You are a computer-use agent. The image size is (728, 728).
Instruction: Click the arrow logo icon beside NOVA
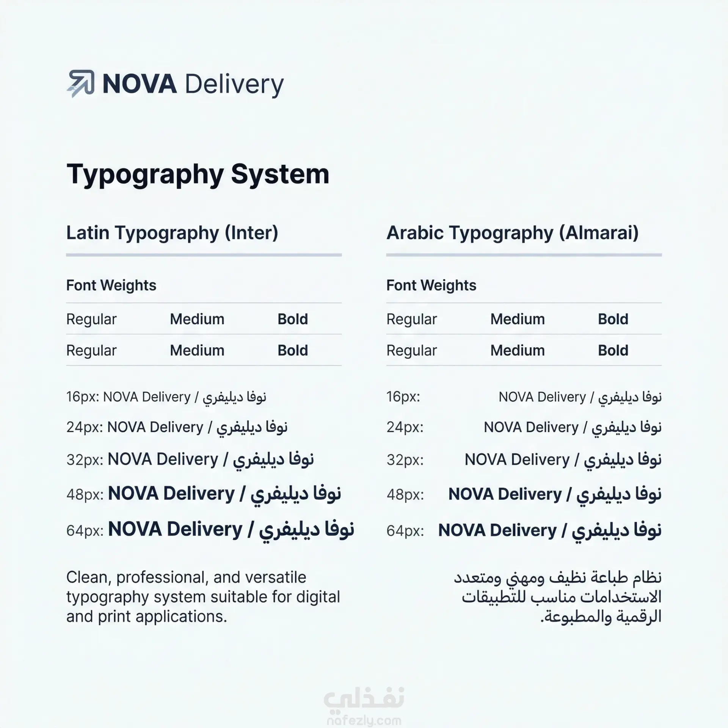(80, 84)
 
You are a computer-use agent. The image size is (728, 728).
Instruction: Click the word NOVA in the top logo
(140, 84)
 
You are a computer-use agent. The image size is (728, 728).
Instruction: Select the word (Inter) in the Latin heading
(251, 233)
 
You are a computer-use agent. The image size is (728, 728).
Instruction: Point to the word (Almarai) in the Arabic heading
(599, 233)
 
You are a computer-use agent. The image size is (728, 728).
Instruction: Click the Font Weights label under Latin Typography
(111, 285)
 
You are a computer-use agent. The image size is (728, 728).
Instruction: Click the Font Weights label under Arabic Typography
(431, 285)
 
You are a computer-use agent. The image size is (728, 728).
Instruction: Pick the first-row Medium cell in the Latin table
(197, 319)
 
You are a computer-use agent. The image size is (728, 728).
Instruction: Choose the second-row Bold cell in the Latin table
(293, 350)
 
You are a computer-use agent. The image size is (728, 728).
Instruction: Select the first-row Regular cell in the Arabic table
(411, 319)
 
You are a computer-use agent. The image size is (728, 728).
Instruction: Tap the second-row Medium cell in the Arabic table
(518, 350)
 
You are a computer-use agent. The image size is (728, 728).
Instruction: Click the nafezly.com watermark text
(364, 720)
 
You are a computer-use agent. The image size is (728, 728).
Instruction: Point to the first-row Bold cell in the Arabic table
(613, 319)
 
